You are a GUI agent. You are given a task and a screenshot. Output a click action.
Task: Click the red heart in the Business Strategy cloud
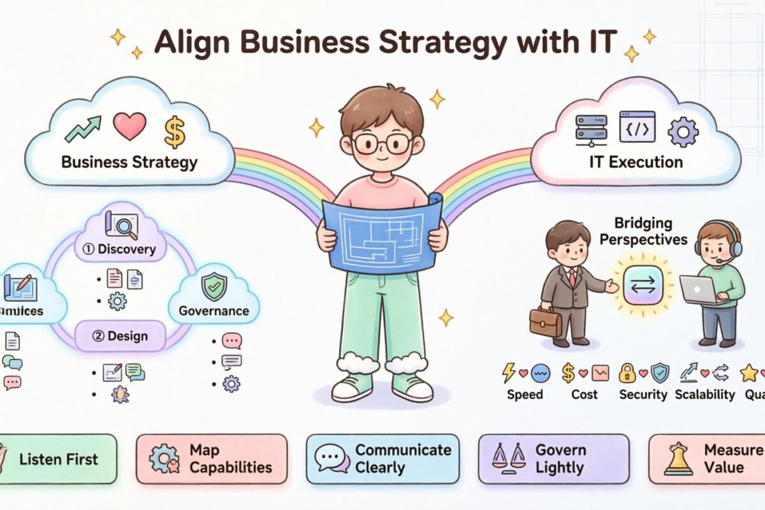pyautogui.click(x=129, y=126)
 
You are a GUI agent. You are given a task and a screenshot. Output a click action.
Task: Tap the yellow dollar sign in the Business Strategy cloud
pyautogui.click(x=173, y=131)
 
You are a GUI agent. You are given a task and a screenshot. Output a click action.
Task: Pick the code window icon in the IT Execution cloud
pyautogui.click(x=637, y=126)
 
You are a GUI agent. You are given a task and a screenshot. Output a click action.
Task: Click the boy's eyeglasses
pyautogui.click(x=381, y=143)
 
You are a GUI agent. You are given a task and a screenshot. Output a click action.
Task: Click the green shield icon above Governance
pyautogui.click(x=214, y=288)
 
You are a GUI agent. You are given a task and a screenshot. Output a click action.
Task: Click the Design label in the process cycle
pyautogui.click(x=120, y=336)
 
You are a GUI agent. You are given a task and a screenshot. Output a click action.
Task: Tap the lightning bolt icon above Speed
pyautogui.click(x=509, y=372)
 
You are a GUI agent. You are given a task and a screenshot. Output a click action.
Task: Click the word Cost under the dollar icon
pyautogui.click(x=585, y=395)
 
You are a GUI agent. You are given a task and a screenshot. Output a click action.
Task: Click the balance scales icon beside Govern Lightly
pyautogui.click(x=510, y=458)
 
